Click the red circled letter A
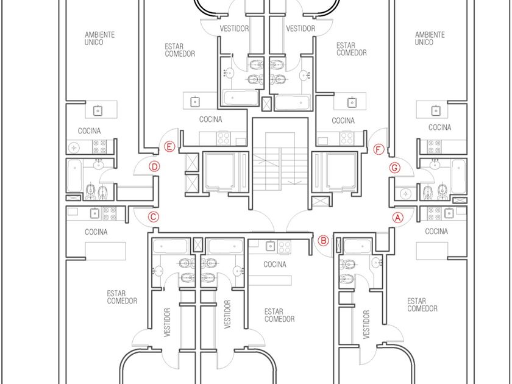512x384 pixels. click(397, 218)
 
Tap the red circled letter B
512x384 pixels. click(323, 241)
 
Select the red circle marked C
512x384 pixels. click(154, 217)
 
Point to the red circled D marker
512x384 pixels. click(154, 167)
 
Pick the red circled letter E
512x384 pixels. click(169, 147)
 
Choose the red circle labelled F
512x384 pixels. click(379, 149)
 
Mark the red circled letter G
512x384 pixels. click(395, 168)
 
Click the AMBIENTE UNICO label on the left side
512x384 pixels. click(99, 38)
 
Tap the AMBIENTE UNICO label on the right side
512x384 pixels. click(430, 38)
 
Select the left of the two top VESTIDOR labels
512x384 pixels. click(234, 29)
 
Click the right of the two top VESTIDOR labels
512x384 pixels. click(300, 29)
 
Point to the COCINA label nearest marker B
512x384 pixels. click(275, 264)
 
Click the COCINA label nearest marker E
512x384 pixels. click(211, 119)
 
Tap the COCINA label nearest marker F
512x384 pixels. click(343, 121)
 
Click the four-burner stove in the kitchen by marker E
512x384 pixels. click(224, 138)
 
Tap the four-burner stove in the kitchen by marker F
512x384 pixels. click(346, 138)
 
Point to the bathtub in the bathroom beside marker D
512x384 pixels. click(75, 176)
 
